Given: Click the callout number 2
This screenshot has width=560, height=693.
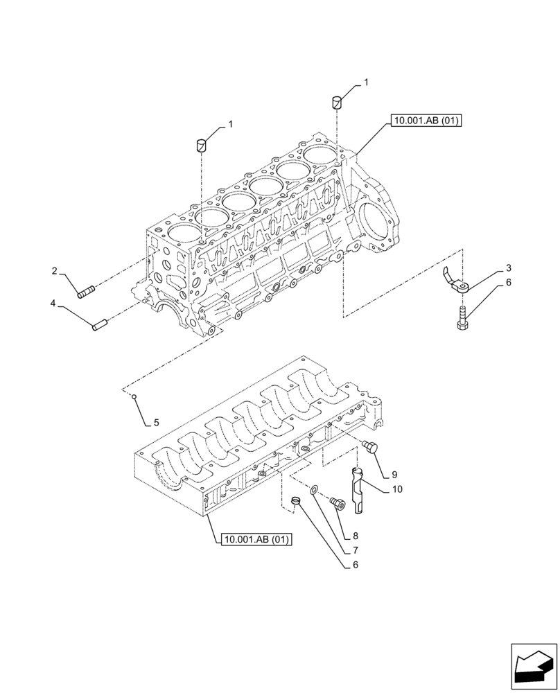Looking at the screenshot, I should tap(53, 271).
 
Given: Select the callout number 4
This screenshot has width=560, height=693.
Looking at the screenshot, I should tap(53, 304).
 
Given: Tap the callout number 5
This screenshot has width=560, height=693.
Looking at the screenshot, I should tap(156, 422).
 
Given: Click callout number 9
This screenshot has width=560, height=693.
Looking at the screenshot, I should tap(394, 475).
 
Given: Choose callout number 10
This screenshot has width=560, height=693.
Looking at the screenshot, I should tap(397, 489).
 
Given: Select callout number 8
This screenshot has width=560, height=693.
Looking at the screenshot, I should tap(356, 535).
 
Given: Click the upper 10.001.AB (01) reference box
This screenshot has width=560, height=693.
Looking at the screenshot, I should tap(426, 121).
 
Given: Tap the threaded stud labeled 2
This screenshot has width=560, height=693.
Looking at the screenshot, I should tap(86, 293).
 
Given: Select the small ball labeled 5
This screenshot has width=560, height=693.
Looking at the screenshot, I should tap(137, 397).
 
